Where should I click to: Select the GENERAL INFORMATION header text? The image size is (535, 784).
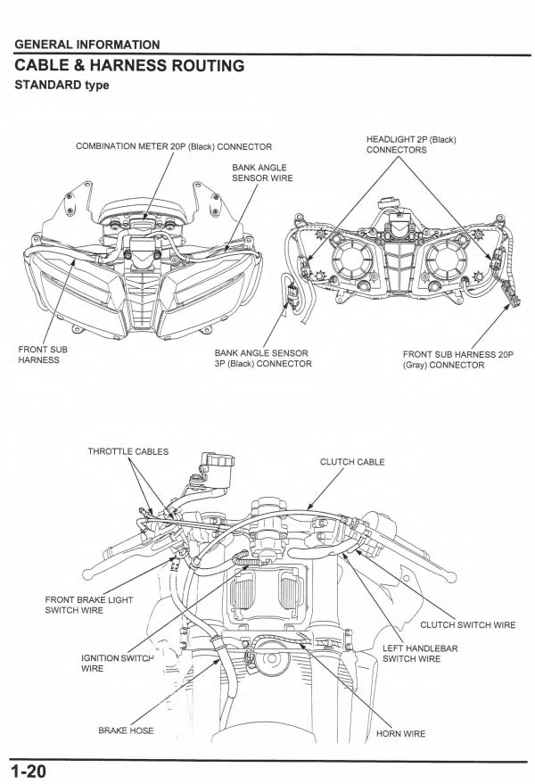(x=87, y=45)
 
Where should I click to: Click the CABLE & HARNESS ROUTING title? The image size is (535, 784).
(x=129, y=65)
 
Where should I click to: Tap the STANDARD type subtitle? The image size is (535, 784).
(x=62, y=86)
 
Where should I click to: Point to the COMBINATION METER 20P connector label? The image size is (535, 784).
(x=174, y=146)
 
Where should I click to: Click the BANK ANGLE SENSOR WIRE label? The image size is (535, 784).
(x=262, y=172)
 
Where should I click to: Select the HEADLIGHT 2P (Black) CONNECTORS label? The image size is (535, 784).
(x=411, y=144)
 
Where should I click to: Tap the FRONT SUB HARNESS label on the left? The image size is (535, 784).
(x=42, y=354)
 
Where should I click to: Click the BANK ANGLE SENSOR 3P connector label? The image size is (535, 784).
(x=263, y=358)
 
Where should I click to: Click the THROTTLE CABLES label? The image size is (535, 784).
(x=128, y=452)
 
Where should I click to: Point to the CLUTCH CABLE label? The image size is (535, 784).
(x=352, y=462)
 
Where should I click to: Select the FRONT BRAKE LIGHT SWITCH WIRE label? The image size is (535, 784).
(x=88, y=605)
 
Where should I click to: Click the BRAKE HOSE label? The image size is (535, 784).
(x=126, y=730)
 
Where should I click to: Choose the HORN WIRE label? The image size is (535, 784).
(x=400, y=733)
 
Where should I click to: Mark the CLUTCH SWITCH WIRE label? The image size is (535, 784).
(x=467, y=624)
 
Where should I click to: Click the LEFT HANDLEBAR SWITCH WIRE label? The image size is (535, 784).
(x=420, y=654)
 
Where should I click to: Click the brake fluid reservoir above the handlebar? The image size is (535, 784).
(x=216, y=465)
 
